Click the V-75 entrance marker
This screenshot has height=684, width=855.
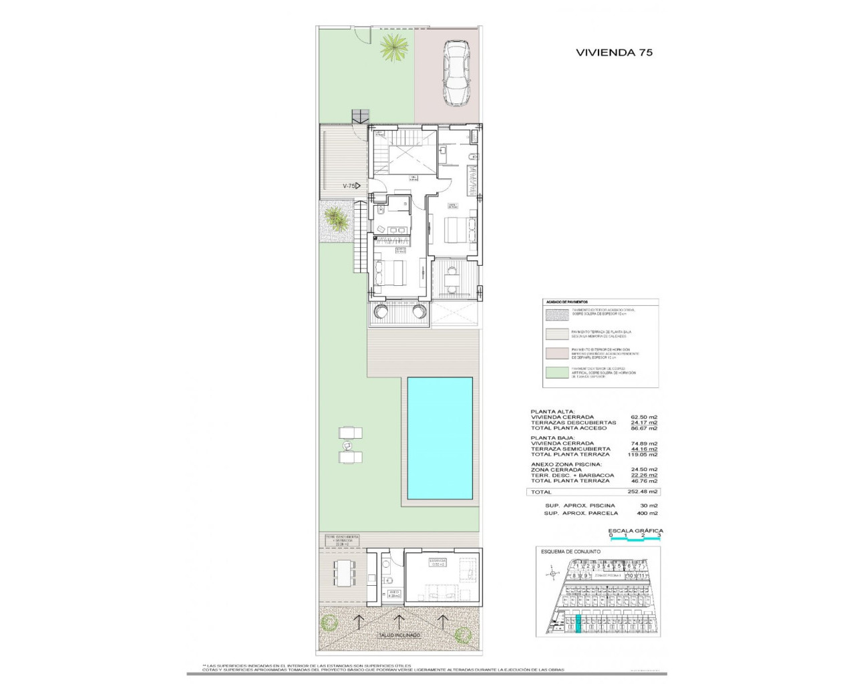coord(351,186)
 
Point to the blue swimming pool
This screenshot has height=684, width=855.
coord(441,438)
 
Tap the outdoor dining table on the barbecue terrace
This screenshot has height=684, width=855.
coord(346,571)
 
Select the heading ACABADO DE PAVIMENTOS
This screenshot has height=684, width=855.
coord(566,303)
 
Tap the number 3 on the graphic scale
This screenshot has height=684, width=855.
coord(659,536)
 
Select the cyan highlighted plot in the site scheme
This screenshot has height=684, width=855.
coord(578,624)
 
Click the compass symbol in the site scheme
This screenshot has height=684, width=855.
coord(551,572)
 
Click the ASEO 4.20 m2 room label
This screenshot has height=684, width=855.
coord(394,593)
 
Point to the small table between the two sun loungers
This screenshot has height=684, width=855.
coord(347,445)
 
